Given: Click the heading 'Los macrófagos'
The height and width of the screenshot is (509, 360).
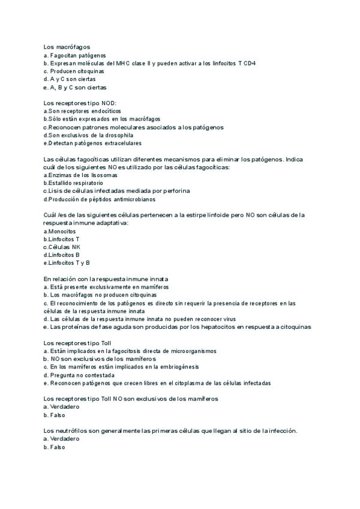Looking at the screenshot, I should click(x=67, y=47).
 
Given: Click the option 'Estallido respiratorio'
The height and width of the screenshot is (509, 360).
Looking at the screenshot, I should click(x=75, y=182).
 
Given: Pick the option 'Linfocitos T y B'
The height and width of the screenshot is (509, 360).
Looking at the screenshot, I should click(x=69, y=263).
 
